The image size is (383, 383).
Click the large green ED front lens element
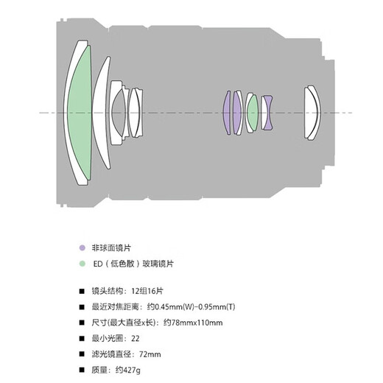point(80,113)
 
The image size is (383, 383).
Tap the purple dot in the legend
point(82,247)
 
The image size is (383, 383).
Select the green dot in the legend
point(82,264)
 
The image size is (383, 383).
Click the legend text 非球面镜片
point(111,248)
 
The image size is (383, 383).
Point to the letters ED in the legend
point(98,264)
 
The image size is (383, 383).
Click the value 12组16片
point(147,291)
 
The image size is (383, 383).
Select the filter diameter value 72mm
point(150,354)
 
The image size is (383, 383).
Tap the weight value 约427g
point(128,370)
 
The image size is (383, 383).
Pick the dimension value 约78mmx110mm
point(193,323)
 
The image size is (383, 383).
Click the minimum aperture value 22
point(136,339)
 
